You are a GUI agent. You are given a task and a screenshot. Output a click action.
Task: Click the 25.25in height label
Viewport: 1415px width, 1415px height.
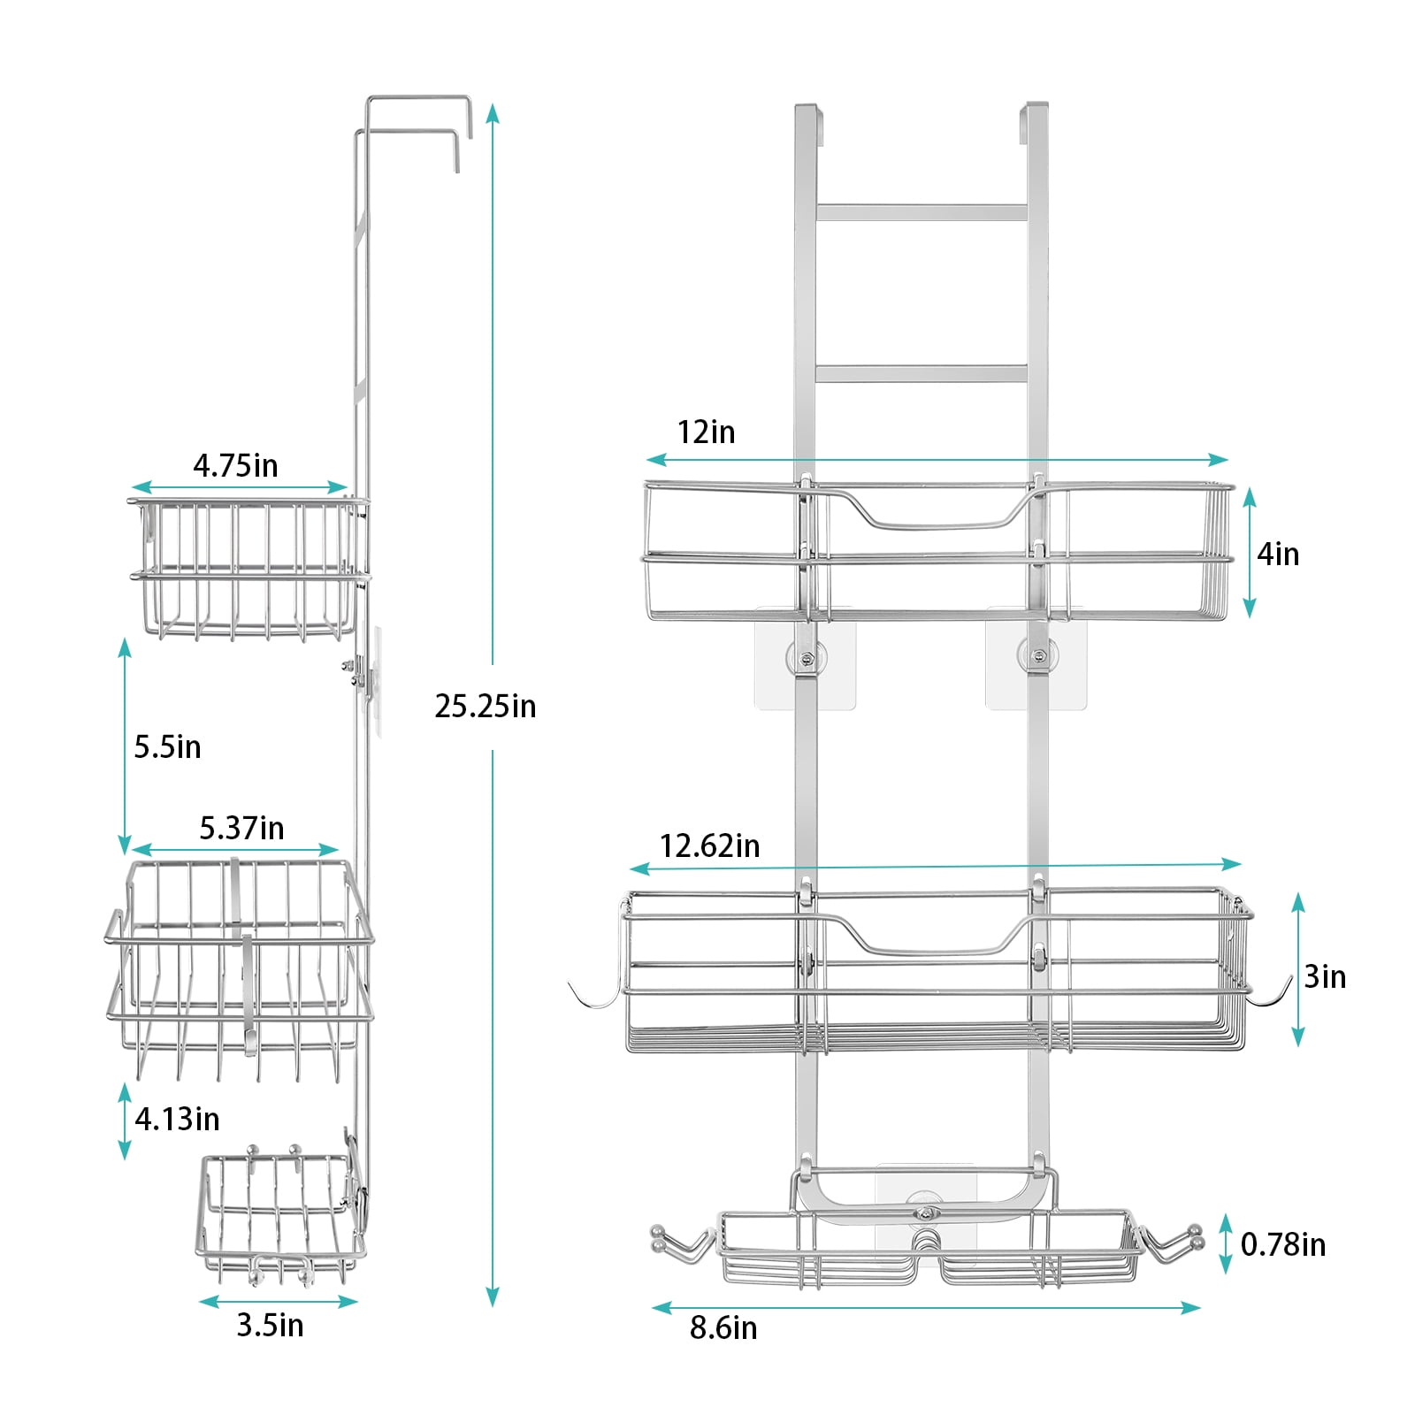click(x=486, y=707)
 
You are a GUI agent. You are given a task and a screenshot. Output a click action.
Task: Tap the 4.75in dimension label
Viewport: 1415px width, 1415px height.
click(x=235, y=465)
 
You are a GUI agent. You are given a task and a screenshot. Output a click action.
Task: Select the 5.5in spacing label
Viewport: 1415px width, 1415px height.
click(x=167, y=747)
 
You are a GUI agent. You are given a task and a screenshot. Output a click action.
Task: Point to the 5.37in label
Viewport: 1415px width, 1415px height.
click(x=241, y=828)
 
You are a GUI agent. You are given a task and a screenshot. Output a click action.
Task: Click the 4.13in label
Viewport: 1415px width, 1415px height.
click(x=177, y=1119)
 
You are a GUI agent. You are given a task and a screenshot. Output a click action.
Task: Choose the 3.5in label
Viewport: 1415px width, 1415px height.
click(x=270, y=1325)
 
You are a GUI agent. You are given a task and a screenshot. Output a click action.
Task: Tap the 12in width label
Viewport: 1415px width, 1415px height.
click(x=706, y=432)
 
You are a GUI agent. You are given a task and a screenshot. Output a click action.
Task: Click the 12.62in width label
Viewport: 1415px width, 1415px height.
click(x=709, y=845)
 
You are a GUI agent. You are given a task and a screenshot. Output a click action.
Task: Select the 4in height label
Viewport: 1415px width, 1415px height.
click(x=1278, y=554)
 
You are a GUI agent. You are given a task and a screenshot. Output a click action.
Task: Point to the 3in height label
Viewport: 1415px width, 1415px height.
click(x=1325, y=976)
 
